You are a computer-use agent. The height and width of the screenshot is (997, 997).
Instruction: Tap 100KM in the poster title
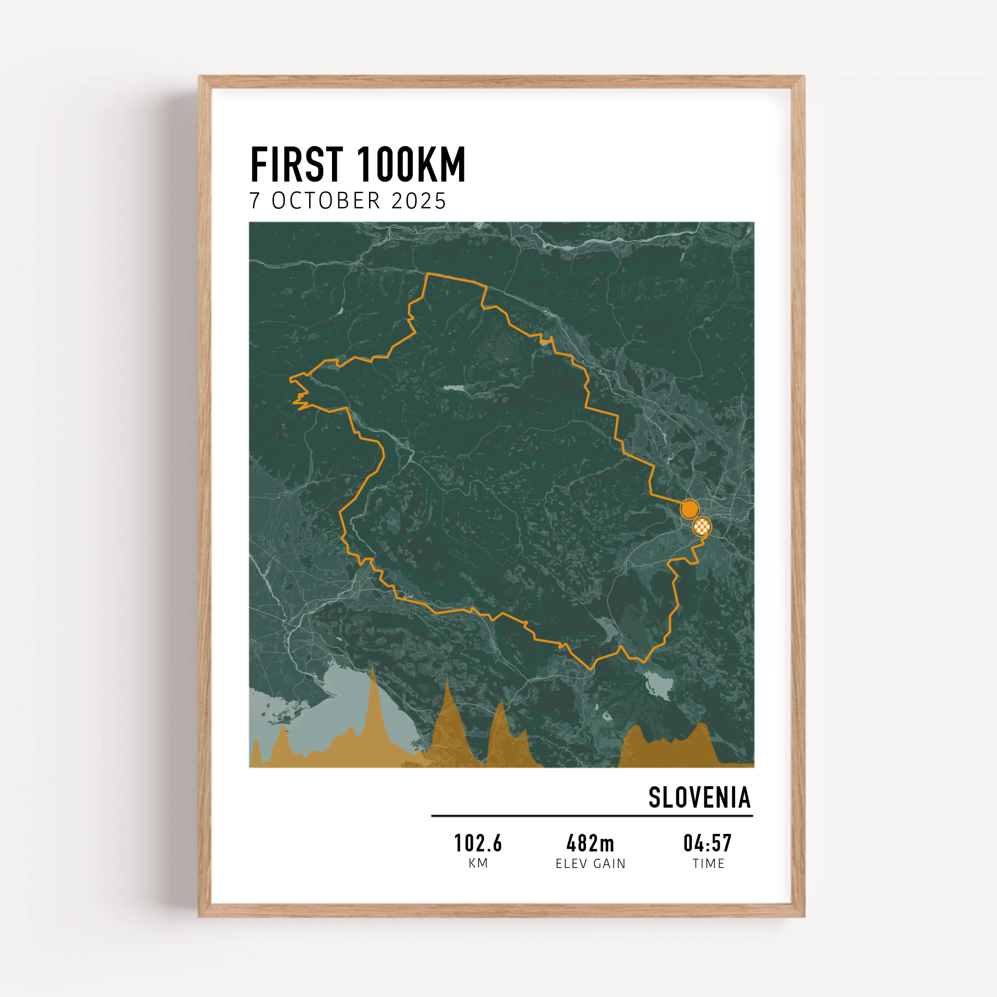pyautogui.click(x=411, y=165)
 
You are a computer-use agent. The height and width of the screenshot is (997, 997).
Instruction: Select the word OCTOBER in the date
pyautogui.click(x=326, y=201)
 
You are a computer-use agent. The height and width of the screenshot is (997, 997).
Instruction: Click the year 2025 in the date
pyautogui.click(x=419, y=201)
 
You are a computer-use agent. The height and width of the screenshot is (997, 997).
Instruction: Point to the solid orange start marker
pyautogui.click(x=689, y=509)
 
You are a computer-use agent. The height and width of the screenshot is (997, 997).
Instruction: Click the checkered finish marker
pyautogui.click(x=702, y=527)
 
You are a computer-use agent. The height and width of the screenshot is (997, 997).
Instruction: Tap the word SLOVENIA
pyautogui.click(x=699, y=798)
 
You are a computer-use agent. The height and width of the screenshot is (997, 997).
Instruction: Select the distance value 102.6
pyautogui.click(x=478, y=844)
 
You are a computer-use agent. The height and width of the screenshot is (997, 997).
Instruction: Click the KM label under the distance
pyautogui.click(x=478, y=863)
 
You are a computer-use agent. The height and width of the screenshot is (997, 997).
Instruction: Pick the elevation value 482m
pyautogui.click(x=591, y=844)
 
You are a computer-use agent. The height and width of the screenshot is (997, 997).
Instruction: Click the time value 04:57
pyautogui.click(x=707, y=844)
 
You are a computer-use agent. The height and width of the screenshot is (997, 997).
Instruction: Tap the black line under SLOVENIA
pyautogui.click(x=592, y=816)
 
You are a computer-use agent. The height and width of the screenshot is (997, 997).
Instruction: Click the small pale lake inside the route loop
pyautogui.click(x=454, y=388)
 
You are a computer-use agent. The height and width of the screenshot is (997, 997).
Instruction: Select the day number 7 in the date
pyautogui.click(x=255, y=201)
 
